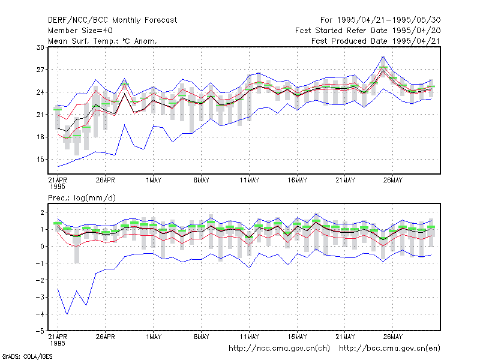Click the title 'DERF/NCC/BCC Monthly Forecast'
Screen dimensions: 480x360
[x=112, y=20]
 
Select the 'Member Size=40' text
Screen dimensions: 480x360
[x=80, y=31]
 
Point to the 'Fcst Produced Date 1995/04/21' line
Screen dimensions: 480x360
[x=376, y=41]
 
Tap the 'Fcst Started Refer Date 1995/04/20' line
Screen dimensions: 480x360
[x=368, y=31]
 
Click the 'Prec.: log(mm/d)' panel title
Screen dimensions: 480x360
[x=82, y=198]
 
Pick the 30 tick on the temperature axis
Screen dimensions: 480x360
[x=40, y=47]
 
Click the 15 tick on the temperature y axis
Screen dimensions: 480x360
[x=40, y=160]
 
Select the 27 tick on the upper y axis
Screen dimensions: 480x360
[x=40, y=70]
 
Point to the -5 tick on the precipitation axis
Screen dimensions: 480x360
[x=40, y=331]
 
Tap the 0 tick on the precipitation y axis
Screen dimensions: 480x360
[x=42, y=247]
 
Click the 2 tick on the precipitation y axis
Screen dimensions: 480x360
[x=42, y=212]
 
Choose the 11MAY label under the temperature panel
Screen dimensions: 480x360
[x=249, y=181]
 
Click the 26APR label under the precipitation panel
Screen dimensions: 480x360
[x=106, y=337]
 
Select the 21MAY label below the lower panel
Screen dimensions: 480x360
[x=345, y=337]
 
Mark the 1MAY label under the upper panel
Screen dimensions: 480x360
[x=154, y=181]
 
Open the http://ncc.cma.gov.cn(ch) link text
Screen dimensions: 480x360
[x=279, y=349]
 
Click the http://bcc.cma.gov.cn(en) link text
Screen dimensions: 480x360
[x=389, y=349]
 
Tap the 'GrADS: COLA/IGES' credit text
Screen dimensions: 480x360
[x=27, y=356]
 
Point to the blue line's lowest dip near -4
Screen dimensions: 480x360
[x=67, y=314]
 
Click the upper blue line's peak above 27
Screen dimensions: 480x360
[x=383, y=56]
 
